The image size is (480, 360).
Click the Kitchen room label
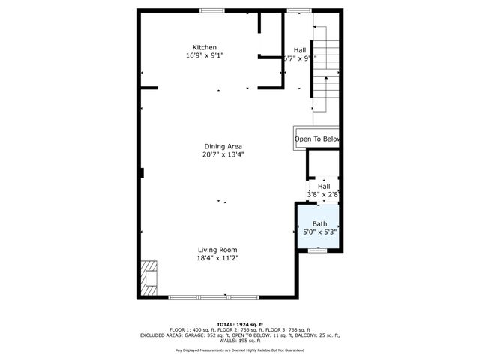click(x=205, y=47)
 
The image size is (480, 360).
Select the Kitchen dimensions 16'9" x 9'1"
click(x=205, y=55)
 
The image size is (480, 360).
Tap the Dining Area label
click(x=223, y=146)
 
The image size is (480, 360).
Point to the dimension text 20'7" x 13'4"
click(x=223, y=155)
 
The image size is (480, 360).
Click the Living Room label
click(x=217, y=250)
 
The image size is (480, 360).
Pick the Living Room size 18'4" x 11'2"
click(x=217, y=259)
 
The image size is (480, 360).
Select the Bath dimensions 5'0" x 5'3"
click(x=320, y=232)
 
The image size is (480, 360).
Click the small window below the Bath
click(x=318, y=250)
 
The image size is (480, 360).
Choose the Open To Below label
click(x=317, y=139)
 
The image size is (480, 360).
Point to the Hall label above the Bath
click(x=324, y=186)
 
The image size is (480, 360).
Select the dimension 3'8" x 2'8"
click(x=324, y=194)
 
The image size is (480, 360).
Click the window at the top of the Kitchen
click(x=212, y=10)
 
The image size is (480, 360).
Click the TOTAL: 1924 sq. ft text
click(x=240, y=324)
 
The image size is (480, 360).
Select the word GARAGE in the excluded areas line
click(x=201, y=335)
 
